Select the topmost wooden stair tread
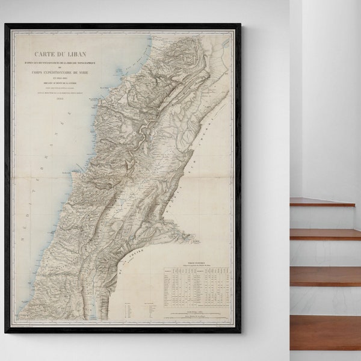click(x=322, y=202)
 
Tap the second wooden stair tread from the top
click(x=325, y=233)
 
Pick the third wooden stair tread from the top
click(x=325, y=276)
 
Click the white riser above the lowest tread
click(x=325, y=301)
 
